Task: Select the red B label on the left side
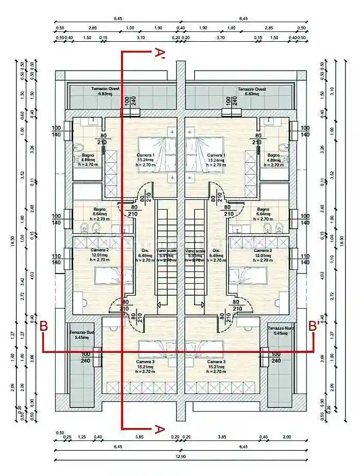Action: coord(44,326)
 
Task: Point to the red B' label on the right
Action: coord(313,326)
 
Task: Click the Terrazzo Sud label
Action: coord(81,335)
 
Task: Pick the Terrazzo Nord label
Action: coord(279,330)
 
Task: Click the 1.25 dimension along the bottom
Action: coord(81,437)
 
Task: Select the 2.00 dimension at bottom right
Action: coord(286,437)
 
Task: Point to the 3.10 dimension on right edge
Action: coord(333,91)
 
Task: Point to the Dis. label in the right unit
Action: coord(216,251)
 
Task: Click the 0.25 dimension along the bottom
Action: coord(67,437)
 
